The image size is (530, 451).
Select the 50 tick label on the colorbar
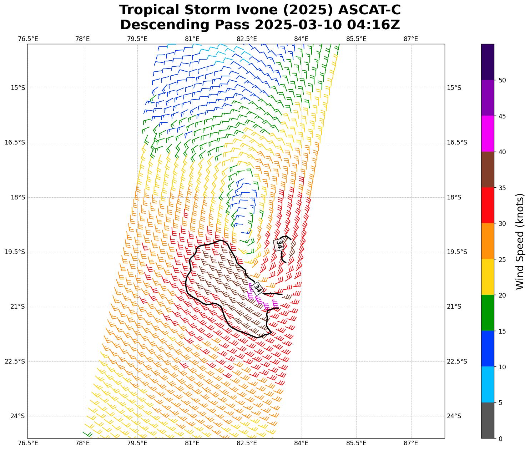click(x=502, y=80)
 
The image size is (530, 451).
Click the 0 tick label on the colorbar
click(x=500, y=439)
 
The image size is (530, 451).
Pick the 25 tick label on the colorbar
click(x=502, y=259)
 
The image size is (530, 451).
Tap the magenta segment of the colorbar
click(x=488, y=134)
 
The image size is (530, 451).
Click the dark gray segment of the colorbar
click(x=488, y=420)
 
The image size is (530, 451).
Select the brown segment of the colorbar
click(x=488, y=169)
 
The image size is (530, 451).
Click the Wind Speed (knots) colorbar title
click(x=520, y=241)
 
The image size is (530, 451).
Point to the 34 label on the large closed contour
click(x=257, y=288)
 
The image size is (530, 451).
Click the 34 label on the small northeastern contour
click(x=279, y=245)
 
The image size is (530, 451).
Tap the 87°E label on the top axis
click(x=411, y=39)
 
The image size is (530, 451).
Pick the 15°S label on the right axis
click(x=454, y=88)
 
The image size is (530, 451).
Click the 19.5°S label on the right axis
click(x=457, y=252)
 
